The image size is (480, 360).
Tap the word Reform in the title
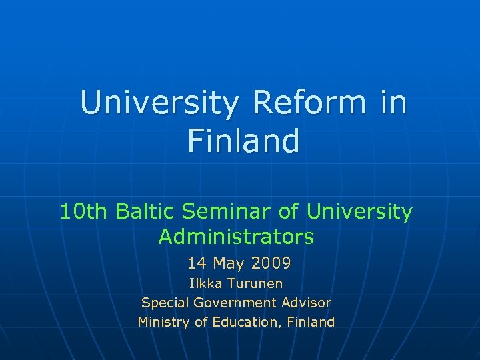(x=309, y=104)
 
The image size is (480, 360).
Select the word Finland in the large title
(x=243, y=141)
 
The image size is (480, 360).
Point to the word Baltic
(x=147, y=212)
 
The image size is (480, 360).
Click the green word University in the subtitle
(x=359, y=212)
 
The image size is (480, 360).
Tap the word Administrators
(x=237, y=237)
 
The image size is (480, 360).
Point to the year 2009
(x=271, y=264)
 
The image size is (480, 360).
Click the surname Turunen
(x=255, y=283)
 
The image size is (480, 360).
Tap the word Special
(x=165, y=303)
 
